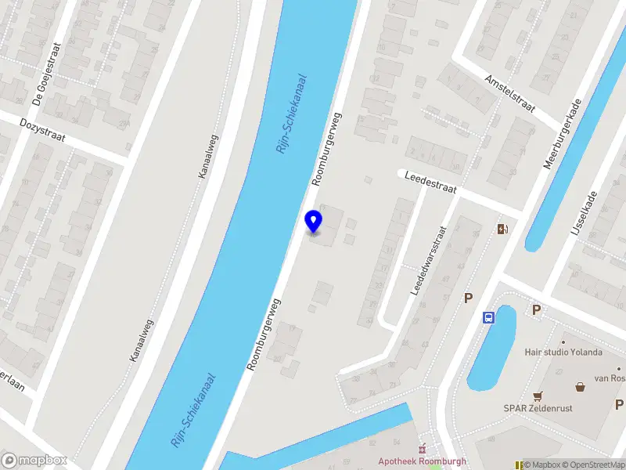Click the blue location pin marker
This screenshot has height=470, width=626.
[x=314, y=222]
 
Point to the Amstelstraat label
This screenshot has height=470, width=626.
[x=509, y=94]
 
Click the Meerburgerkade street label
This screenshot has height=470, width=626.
[x=563, y=134]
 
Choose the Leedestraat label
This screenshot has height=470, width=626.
[x=430, y=183]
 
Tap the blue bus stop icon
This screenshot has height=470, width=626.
[x=489, y=317]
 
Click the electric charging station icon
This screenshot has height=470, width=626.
[x=502, y=229]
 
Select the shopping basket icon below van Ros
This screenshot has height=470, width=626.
[x=580, y=387]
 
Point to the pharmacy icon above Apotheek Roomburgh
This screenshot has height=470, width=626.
[x=423, y=448]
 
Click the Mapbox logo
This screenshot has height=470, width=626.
[x=34, y=460]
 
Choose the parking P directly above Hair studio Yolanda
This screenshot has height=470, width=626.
[x=536, y=310]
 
